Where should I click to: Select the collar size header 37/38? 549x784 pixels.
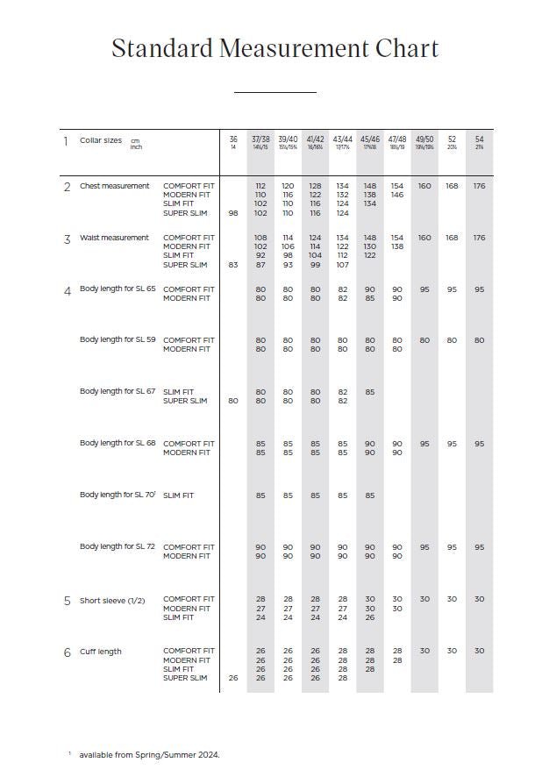(x=260, y=139)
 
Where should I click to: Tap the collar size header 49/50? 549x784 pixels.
(x=424, y=139)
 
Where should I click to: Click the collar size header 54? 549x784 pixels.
(x=479, y=139)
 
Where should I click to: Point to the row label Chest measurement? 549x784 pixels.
(x=114, y=186)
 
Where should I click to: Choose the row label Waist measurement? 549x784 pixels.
(x=114, y=238)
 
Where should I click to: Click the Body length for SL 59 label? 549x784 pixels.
(x=118, y=339)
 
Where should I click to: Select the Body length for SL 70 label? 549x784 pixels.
(x=118, y=495)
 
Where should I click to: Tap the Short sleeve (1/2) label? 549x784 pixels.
(x=112, y=601)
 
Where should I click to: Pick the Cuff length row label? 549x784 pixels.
(x=101, y=652)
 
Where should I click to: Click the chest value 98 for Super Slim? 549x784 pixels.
(x=233, y=213)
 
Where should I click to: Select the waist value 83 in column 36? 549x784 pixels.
(x=233, y=265)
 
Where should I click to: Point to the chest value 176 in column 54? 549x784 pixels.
(x=479, y=186)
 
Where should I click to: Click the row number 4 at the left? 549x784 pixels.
(x=67, y=290)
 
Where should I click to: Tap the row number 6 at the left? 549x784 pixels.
(x=67, y=652)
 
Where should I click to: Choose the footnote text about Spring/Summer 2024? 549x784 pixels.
(x=149, y=754)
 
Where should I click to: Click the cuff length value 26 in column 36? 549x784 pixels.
(x=233, y=678)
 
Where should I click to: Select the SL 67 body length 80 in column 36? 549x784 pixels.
(x=233, y=401)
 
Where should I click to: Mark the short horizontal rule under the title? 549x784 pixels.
(x=274, y=92)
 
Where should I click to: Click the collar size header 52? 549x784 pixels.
(x=452, y=139)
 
